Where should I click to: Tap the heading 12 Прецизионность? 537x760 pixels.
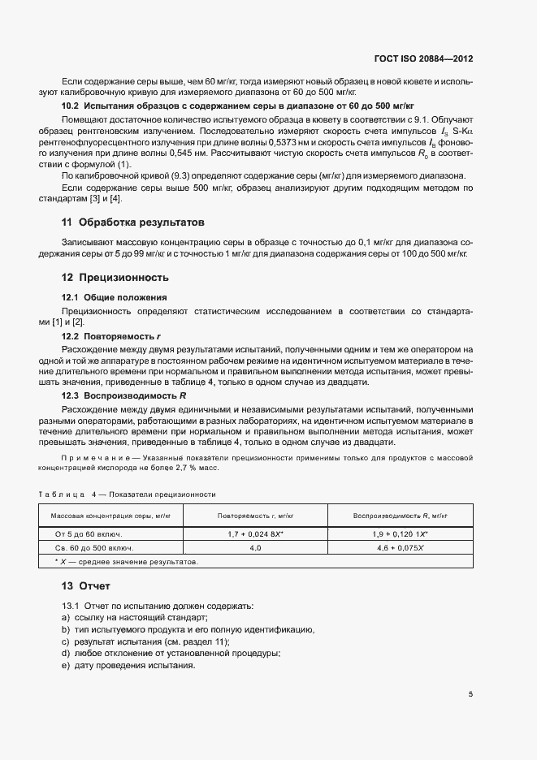pyautogui.click(x=117, y=277)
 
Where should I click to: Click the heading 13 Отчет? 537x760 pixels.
pyautogui.click(x=86, y=585)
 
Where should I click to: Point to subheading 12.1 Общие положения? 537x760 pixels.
pyautogui.click(x=115, y=297)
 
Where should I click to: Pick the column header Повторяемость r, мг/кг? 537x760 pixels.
pyautogui.click(x=255, y=516)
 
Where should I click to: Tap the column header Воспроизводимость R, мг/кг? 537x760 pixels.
pyautogui.click(x=401, y=516)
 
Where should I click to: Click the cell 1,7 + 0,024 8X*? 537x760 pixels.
pyautogui.click(x=255, y=534)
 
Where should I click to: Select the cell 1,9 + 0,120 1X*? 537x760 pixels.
pyautogui.click(x=401, y=534)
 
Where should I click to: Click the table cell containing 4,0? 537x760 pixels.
pyautogui.click(x=255, y=548)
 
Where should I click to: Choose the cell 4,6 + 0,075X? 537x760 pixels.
pyautogui.click(x=401, y=548)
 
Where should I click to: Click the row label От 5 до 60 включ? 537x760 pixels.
pyautogui.click(x=92, y=534)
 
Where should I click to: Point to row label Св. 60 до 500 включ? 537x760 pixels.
pyautogui.click(x=94, y=548)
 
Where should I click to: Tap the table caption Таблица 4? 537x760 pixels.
pyautogui.click(x=127, y=494)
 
